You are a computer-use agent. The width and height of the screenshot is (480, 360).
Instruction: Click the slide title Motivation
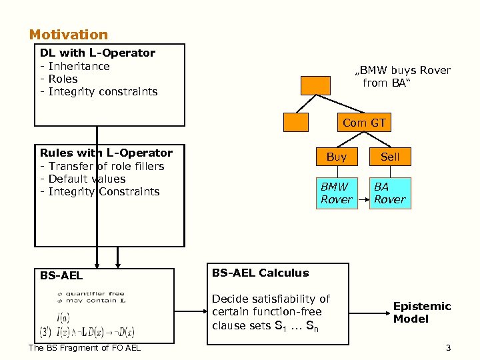coord(68,35)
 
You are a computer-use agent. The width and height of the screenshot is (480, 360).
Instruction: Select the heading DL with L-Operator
coord(97,53)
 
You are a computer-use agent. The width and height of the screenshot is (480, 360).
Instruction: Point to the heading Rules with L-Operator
coord(106,153)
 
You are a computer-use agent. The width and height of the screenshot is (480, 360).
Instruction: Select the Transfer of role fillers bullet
coord(102,166)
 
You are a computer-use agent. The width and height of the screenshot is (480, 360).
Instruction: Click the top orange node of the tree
coord(315,85)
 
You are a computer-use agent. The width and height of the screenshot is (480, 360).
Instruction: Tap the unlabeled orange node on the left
coord(296,122)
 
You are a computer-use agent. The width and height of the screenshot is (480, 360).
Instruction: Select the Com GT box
coord(364,123)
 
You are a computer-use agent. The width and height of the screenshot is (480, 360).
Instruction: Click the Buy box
coord(337,157)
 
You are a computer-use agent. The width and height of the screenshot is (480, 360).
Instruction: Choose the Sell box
coord(390,157)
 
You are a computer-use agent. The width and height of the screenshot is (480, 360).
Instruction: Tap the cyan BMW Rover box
coord(337,193)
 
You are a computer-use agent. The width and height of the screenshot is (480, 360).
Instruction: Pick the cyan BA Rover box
coord(390,193)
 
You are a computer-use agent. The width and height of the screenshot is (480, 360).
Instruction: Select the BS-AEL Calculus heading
coord(260,273)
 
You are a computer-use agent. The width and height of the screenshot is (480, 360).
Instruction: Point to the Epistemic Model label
coord(421,312)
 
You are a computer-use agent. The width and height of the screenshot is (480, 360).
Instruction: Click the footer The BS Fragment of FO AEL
coord(85,347)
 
